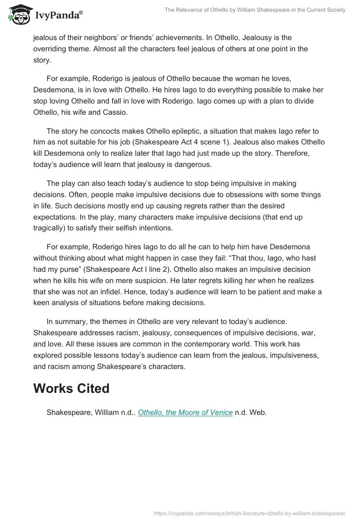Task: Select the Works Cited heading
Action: tap(71, 388)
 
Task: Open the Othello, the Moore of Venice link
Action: tap(185, 412)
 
